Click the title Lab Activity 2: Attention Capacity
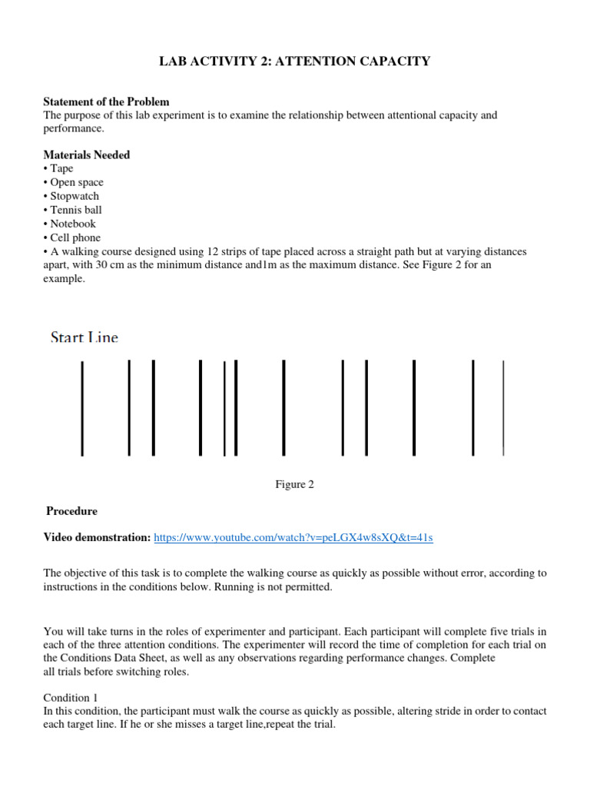tap(295, 61)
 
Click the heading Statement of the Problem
tap(106, 101)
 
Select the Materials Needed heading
tap(86, 154)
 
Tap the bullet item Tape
tap(61, 168)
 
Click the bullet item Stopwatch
tap(74, 196)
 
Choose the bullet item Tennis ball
tap(75, 210)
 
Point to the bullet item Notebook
tap(72, 224)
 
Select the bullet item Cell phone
tap(75, 237)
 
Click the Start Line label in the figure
tap(85, 337)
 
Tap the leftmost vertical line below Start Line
tap(82, 407)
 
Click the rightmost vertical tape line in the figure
tap(503, 407)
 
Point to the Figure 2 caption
tap(295, 484)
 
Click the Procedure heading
tap(71, 511)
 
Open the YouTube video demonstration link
tap(293, 538)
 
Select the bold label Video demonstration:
tap(97, 538)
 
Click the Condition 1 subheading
tap(68, 698)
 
